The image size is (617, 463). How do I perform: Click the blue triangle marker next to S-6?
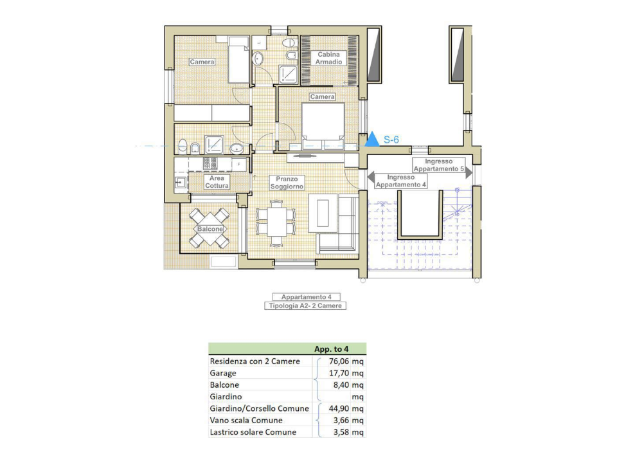tap(372, 140)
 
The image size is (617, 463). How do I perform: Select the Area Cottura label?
tap(217, 182)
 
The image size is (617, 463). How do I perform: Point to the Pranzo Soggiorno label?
tap(286, 183)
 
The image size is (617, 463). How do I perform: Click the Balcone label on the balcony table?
tap(210, 230)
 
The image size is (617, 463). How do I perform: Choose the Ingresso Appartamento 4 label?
tap(401, 181)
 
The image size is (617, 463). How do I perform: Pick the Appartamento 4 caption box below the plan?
tap(306, 297)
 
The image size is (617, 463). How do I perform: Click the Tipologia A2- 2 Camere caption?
tap(306, 307)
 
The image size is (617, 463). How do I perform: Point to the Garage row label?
tap(223, 373)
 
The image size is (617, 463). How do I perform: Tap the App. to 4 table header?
tap(331, 349)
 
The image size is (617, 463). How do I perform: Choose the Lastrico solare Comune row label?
tap(253, 432)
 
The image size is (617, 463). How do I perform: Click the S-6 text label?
tap(392, 140)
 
